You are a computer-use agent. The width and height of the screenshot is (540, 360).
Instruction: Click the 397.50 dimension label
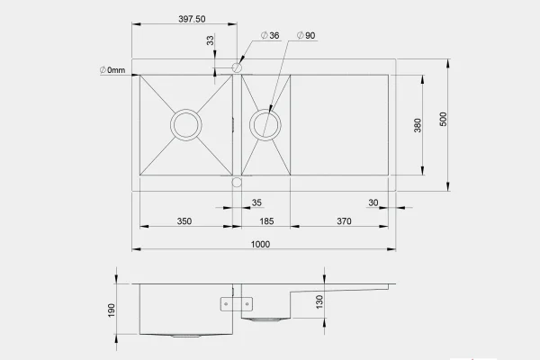click(192, 19)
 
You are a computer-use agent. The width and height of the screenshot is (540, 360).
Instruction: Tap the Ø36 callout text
click(270, 35)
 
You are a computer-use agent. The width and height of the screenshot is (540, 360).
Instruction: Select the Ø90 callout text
click(306, 35)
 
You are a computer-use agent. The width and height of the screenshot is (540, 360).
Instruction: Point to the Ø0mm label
click(112, 70)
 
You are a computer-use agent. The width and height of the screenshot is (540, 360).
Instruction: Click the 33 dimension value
click(210, 40)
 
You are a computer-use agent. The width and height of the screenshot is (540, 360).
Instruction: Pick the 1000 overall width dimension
click(260, 244)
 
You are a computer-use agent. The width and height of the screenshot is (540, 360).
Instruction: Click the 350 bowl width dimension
click(184, 221)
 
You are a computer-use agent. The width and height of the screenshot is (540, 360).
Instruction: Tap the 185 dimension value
click(266, 221)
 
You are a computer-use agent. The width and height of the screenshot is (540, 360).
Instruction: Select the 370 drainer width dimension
click(344, 221)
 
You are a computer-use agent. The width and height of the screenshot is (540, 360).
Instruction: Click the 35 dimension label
click(256, 202)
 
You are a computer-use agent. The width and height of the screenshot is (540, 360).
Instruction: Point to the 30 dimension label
click(373, 202)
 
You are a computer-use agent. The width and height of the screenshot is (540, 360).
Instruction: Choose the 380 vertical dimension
click(418, 125)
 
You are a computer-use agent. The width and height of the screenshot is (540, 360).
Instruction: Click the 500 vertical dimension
click(443, 119)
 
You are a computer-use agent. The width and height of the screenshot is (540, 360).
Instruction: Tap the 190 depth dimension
click(112, 310)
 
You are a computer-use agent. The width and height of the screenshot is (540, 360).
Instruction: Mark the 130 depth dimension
click(319, 301)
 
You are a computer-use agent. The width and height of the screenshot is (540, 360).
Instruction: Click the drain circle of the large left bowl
click(186, 110)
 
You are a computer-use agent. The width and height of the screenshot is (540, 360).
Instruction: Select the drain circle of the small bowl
click(265, 110)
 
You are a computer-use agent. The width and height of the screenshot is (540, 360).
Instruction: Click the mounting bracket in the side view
click(236, 304)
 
